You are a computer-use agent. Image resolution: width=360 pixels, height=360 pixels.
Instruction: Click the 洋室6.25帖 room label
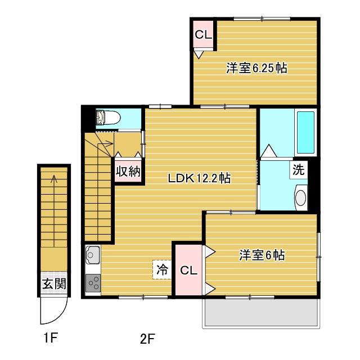(x=256, y=68)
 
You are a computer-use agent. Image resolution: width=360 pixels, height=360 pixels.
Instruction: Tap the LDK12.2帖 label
(x=199, y=178)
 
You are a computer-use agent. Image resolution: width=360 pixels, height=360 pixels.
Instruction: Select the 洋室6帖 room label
(x=262, y=255)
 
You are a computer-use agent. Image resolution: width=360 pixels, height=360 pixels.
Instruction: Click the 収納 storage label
(x=128, y=171)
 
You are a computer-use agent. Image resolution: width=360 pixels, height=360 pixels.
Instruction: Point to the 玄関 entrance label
(x=54, y=283)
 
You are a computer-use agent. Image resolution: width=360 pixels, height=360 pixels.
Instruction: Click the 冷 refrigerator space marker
(x=162, y=270)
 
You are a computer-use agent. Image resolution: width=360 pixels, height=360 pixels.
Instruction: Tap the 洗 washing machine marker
(x=298, y=170)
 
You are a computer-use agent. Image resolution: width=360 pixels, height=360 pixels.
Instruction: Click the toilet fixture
(x=108, y=117)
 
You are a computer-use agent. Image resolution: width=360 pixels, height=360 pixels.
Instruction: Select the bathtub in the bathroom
(x=305, y=133)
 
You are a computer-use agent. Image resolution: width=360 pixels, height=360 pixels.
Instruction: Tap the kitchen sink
(x=93, y=255)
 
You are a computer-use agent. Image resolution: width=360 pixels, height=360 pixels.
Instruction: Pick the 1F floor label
(x=50, y=337)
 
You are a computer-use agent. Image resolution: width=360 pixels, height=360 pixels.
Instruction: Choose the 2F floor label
(x=147, y=339)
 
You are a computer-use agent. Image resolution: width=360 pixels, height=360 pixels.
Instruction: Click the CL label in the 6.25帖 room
(x=203, y=35)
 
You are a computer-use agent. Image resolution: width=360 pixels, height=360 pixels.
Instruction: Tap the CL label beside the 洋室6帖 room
(x=188, y=271)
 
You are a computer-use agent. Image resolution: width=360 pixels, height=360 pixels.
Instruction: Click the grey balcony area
(x=261, y=312)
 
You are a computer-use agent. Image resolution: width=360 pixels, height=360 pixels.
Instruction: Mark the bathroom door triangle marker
(x=269, y=151)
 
